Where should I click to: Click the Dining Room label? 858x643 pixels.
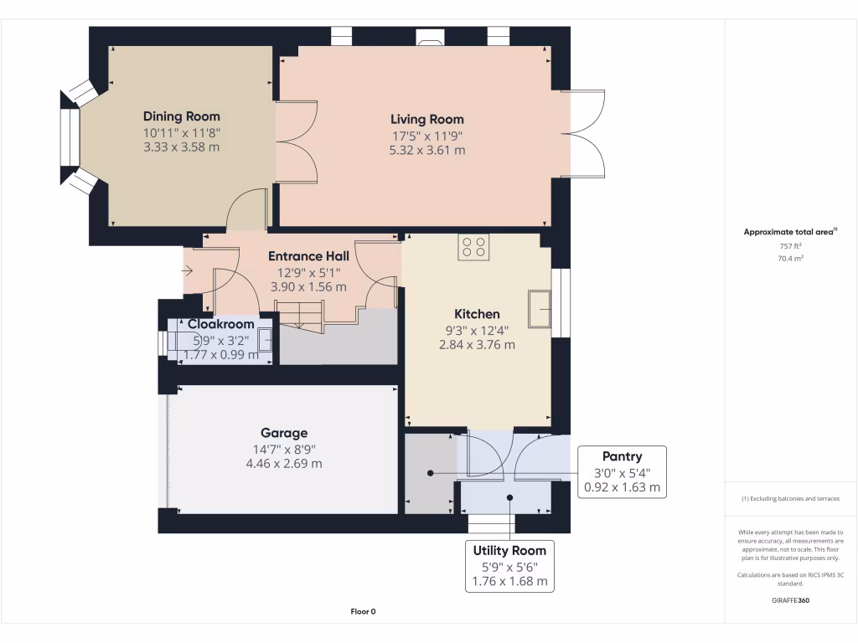coord(181,116)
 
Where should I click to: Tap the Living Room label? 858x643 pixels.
coord(426,119)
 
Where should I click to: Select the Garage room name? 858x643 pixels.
coord(284,433)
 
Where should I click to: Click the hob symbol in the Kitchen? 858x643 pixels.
coord(473,246)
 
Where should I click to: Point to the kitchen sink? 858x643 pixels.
coord(538,309)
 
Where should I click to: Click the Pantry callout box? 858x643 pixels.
coord(622,471)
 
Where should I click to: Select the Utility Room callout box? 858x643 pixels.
coord(509,565)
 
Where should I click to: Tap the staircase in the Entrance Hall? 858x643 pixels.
coord(300,316)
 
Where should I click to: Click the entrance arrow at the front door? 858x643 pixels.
coord(189,270)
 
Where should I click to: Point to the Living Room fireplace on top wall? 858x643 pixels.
coord(431,37)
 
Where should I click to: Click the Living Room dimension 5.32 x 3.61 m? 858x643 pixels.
coord(426,151)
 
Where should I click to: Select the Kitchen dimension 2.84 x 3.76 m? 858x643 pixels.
coord(477,344)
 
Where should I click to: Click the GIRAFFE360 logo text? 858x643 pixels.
coord(790,600)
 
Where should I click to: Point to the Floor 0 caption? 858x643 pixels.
coord(363,611)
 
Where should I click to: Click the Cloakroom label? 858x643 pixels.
coord(220,324)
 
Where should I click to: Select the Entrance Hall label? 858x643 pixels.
coord(308,256)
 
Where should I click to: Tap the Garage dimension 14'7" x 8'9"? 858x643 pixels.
coord(284,449)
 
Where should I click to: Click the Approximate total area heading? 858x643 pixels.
coord(790,232)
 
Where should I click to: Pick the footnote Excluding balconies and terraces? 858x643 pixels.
coord(790,498)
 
